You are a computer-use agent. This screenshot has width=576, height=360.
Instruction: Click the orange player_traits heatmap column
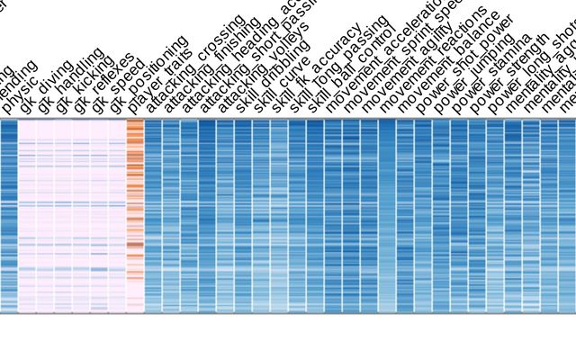click(x=135, y=216)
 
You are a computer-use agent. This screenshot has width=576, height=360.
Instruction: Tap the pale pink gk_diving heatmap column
click(x=27, y=216)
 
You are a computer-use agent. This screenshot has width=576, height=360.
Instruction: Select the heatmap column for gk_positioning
click(x=117, y=216)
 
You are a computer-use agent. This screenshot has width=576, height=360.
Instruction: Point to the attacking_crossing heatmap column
click(x=153, y=216)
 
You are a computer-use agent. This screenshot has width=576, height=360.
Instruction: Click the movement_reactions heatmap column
click(x=387, y=216)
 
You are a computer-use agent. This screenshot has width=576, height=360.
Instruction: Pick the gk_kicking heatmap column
click(x=63, y=216)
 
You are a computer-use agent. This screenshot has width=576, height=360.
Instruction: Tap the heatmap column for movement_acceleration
click(x=333, y=216)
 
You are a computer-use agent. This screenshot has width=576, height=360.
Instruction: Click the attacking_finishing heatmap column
click(x=171, y=216)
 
